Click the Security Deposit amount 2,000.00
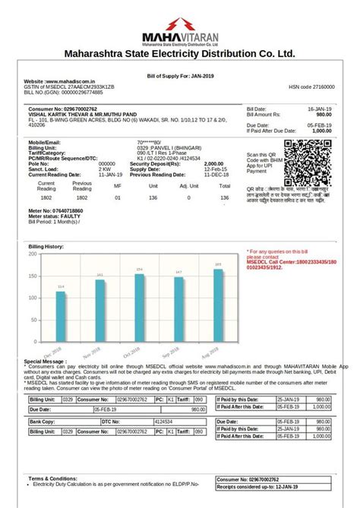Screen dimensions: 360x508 (x=213, y=163)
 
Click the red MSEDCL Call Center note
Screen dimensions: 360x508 (x=286, y=262)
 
